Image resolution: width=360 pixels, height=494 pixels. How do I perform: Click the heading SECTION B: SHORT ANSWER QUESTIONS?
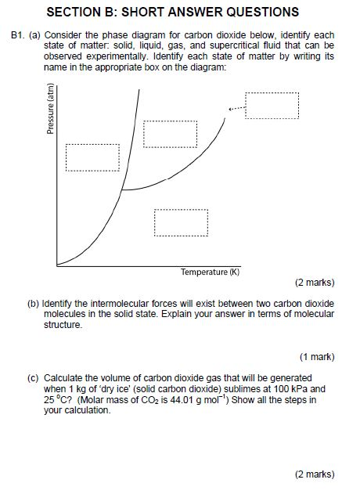coord(173,12)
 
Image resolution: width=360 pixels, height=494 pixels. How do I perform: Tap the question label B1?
coord(18,36)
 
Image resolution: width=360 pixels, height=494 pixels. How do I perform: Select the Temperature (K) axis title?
coord(211,272)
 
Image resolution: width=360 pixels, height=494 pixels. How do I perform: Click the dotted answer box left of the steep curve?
coord(92,157)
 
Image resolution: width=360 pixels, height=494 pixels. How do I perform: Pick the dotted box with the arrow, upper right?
coord(272,105)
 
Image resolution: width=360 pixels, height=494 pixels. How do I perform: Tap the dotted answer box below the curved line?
coord(181,222)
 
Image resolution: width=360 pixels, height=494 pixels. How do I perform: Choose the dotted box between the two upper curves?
coord(170,134)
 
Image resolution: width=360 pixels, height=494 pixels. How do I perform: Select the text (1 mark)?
coord(317,356)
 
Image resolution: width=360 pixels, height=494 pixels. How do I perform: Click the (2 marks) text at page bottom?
coord(315,474)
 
